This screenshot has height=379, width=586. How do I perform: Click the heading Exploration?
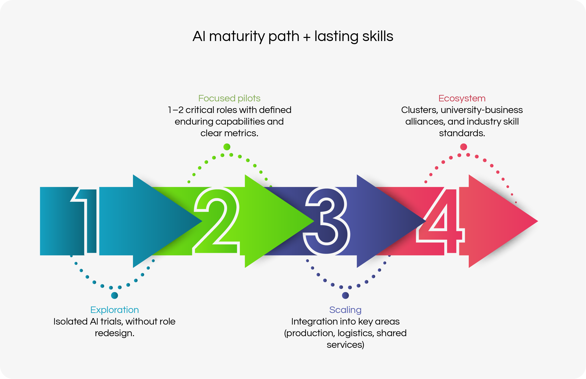115,310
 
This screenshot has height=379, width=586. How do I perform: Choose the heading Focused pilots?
229,98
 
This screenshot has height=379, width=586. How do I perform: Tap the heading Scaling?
345,310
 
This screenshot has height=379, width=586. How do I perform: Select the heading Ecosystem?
462,98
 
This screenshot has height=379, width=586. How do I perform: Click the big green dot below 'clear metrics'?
227,147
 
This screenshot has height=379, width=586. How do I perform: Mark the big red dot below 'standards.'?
463,147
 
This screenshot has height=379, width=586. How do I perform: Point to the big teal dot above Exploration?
114,295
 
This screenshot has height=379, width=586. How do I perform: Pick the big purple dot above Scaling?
345,295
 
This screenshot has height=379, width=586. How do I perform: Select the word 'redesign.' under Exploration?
115,333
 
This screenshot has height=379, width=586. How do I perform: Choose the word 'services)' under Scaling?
345,345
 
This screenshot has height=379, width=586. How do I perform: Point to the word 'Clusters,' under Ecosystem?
420,110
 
